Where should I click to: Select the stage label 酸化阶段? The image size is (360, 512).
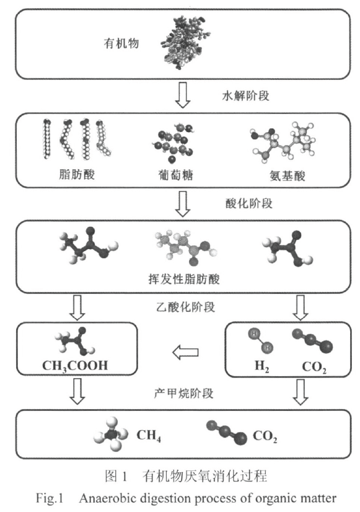click(246, 202)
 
